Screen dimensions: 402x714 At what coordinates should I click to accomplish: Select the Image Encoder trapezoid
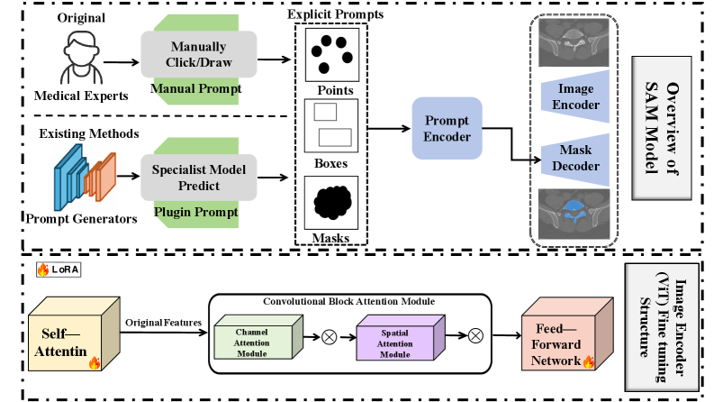[x=575, y=98]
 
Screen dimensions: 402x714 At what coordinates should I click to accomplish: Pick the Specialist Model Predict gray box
[x=198, y=178]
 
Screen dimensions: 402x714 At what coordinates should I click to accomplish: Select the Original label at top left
[x=81, y=18]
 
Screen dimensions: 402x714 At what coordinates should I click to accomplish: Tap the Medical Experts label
[x=81, y=95]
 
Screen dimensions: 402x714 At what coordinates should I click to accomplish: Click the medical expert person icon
[x=81, y=56]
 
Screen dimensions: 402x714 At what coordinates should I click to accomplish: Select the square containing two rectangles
[x=331, y=124]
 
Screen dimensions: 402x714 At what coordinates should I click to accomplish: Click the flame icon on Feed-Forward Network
[x=589, y=362]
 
